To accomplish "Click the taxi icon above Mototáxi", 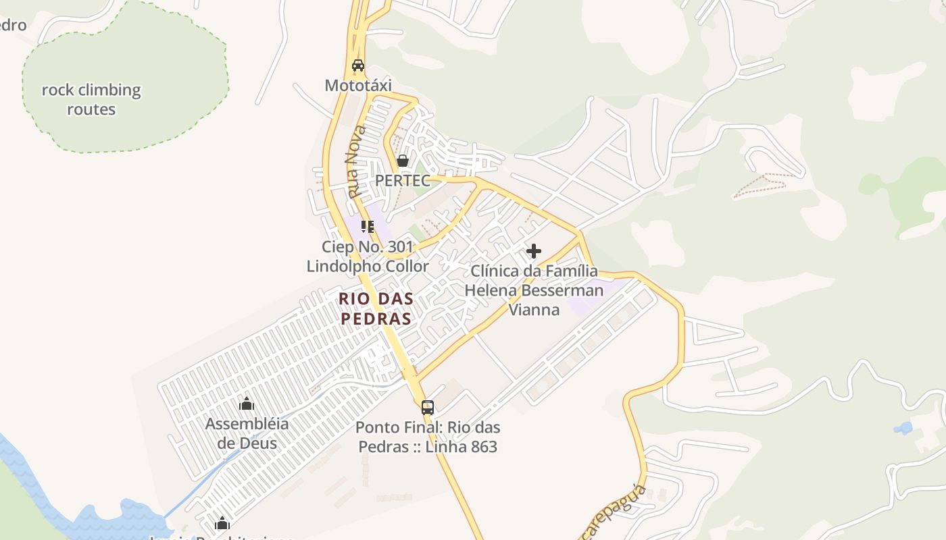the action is click(x=358, y=65).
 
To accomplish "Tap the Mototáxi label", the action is click(x=358, y=86).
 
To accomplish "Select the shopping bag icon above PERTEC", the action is click(x=403, y=161).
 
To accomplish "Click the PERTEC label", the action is click(x=403, y=181).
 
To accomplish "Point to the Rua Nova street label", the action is click(x=355, y=162).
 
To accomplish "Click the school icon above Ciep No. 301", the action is click(x=367, y=226).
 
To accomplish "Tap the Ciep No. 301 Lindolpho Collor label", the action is click(x=368, y=256).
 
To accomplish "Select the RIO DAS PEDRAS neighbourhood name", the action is click(x=376, y=308).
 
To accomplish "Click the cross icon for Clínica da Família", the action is click(x=534, y=251).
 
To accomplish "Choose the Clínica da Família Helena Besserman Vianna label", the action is click(x=534, y=290).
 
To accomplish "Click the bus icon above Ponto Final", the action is click(x=428, y=407).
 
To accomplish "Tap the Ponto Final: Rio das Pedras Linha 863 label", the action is click(x=428, y=437).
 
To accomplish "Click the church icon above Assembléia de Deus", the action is click(x=247, y=404).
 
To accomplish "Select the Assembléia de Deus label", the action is click(x=247, y=433).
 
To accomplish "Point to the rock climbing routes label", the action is click(x=91, y=99).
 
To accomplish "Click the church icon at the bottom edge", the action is click(x=222, y=523).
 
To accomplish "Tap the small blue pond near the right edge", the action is click(x=903, y=427).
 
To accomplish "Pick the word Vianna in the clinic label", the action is click(x=534, y=310).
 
